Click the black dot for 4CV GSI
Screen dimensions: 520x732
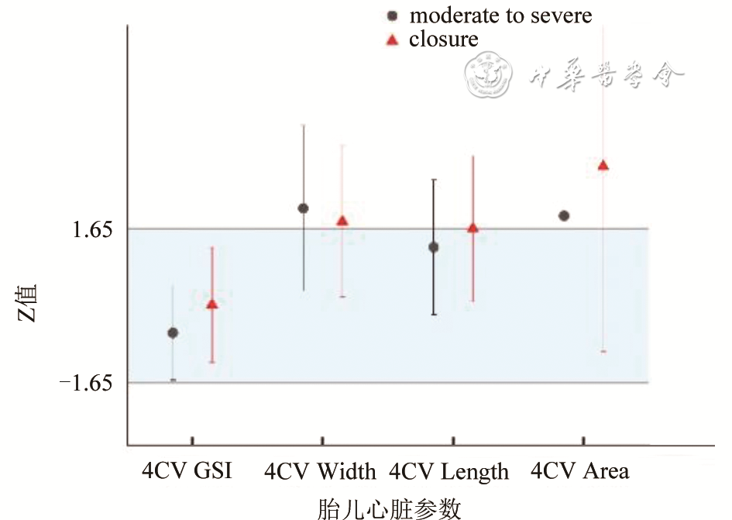pos(173,332)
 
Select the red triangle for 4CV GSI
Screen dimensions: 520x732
pos(211,304)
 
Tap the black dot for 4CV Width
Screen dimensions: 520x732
pos(304,208)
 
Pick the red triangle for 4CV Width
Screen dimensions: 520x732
pos(342,221)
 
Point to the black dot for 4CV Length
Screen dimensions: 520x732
pos(434,247)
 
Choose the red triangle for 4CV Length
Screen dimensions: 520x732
pos(473,228)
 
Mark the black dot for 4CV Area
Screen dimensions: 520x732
pos(564,215)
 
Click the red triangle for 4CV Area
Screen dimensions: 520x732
pos(603,165)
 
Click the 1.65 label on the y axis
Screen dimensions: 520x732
pos(92,229)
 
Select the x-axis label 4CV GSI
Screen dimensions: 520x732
pos(187,470)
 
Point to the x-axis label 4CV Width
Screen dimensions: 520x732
pos(320,471)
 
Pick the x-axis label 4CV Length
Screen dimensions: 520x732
pos(449,471)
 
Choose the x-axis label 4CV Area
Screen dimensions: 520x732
pos(580,470)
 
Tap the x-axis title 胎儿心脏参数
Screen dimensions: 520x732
pos(390,508)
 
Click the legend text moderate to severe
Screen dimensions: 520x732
pos(500,15)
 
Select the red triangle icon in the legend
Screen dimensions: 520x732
pos(393,39)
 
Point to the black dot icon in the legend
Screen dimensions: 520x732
pos(393,15)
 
